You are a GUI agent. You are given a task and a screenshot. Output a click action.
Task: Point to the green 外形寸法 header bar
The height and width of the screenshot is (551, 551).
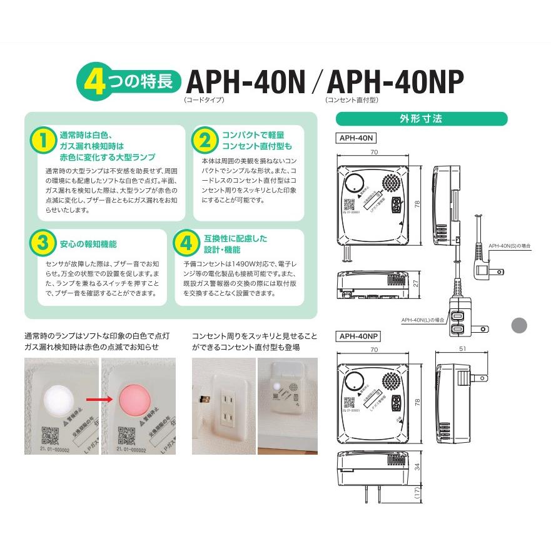pos(422,118)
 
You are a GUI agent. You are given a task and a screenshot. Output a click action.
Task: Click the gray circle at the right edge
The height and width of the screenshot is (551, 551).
pos(519,325)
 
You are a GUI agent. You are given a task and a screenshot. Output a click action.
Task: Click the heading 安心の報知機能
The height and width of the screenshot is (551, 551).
pos(88,244)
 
